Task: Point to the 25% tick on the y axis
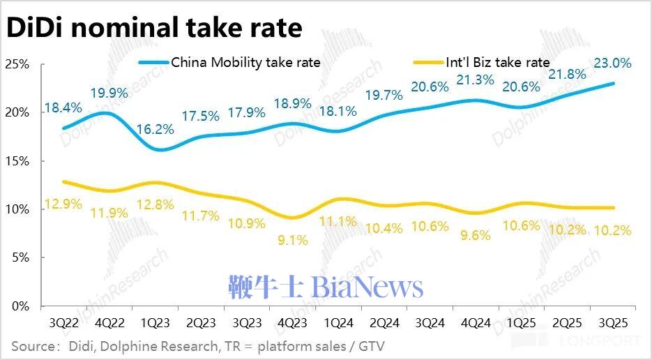pyautogui.click(x=16, y=64)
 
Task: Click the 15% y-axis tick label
pyautogui.click(x=16, y=161)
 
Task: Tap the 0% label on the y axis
pyautogui.click(x=20, y=306)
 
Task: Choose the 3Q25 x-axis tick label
pyautogui.click(x=612, y=324)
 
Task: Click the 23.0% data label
pyautogui.click(x=612, y=63)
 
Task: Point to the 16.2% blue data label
pyautogui.click(x=155, y=130)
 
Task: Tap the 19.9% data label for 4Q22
pyautogui.click(x=109, y=93)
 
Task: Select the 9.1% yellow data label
pyautogui.click(x=291, y=239)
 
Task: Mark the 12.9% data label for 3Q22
pyautogui.click(x=63, y=204)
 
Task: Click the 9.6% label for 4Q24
pyautogui.click(x=475, y=235)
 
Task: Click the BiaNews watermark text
pyautogui.click(x=326, y=287)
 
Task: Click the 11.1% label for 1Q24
pyautogui.click(x=338, y=221)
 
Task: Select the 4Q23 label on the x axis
pyautogui.click(x=291, y=324)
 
